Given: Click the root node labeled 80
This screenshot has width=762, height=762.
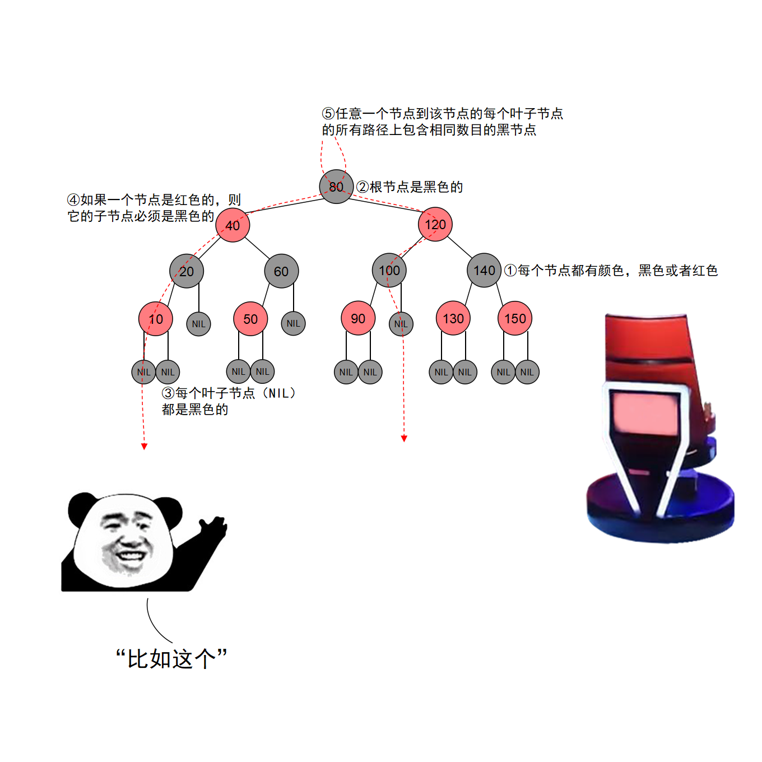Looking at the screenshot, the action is coord(336,187).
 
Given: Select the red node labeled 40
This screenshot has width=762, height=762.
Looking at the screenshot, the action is coord(233,225).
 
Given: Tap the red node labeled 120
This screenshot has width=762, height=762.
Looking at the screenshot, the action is coord(435,224).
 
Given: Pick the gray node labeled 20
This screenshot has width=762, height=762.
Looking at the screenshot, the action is coord(187,271).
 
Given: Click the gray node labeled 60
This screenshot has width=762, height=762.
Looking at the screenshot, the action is coord(281,271).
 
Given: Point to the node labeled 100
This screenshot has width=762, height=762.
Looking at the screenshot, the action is coord(389,270).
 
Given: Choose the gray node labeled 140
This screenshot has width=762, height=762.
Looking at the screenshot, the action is coord(484,270).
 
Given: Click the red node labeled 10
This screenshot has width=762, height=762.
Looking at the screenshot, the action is coord(155,319).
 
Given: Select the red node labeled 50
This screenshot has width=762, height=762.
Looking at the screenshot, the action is coord(250,319).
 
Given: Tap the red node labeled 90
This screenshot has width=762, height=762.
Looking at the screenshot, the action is coord(358,318).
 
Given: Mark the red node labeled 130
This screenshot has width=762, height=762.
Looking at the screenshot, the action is coord(453,318).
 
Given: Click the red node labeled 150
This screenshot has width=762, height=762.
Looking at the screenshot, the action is coord(515,318).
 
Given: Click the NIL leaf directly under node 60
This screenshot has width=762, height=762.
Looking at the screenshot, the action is coord(293,323).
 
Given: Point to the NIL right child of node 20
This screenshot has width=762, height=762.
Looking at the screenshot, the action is coord(198,324).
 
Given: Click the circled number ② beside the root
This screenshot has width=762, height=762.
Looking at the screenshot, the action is coord(362,187).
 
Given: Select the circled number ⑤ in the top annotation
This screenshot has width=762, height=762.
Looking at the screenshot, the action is coord(328,114).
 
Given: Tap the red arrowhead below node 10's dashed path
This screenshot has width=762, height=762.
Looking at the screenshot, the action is coord(145,447).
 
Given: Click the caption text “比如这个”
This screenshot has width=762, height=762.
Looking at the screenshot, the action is coord(171,658).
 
